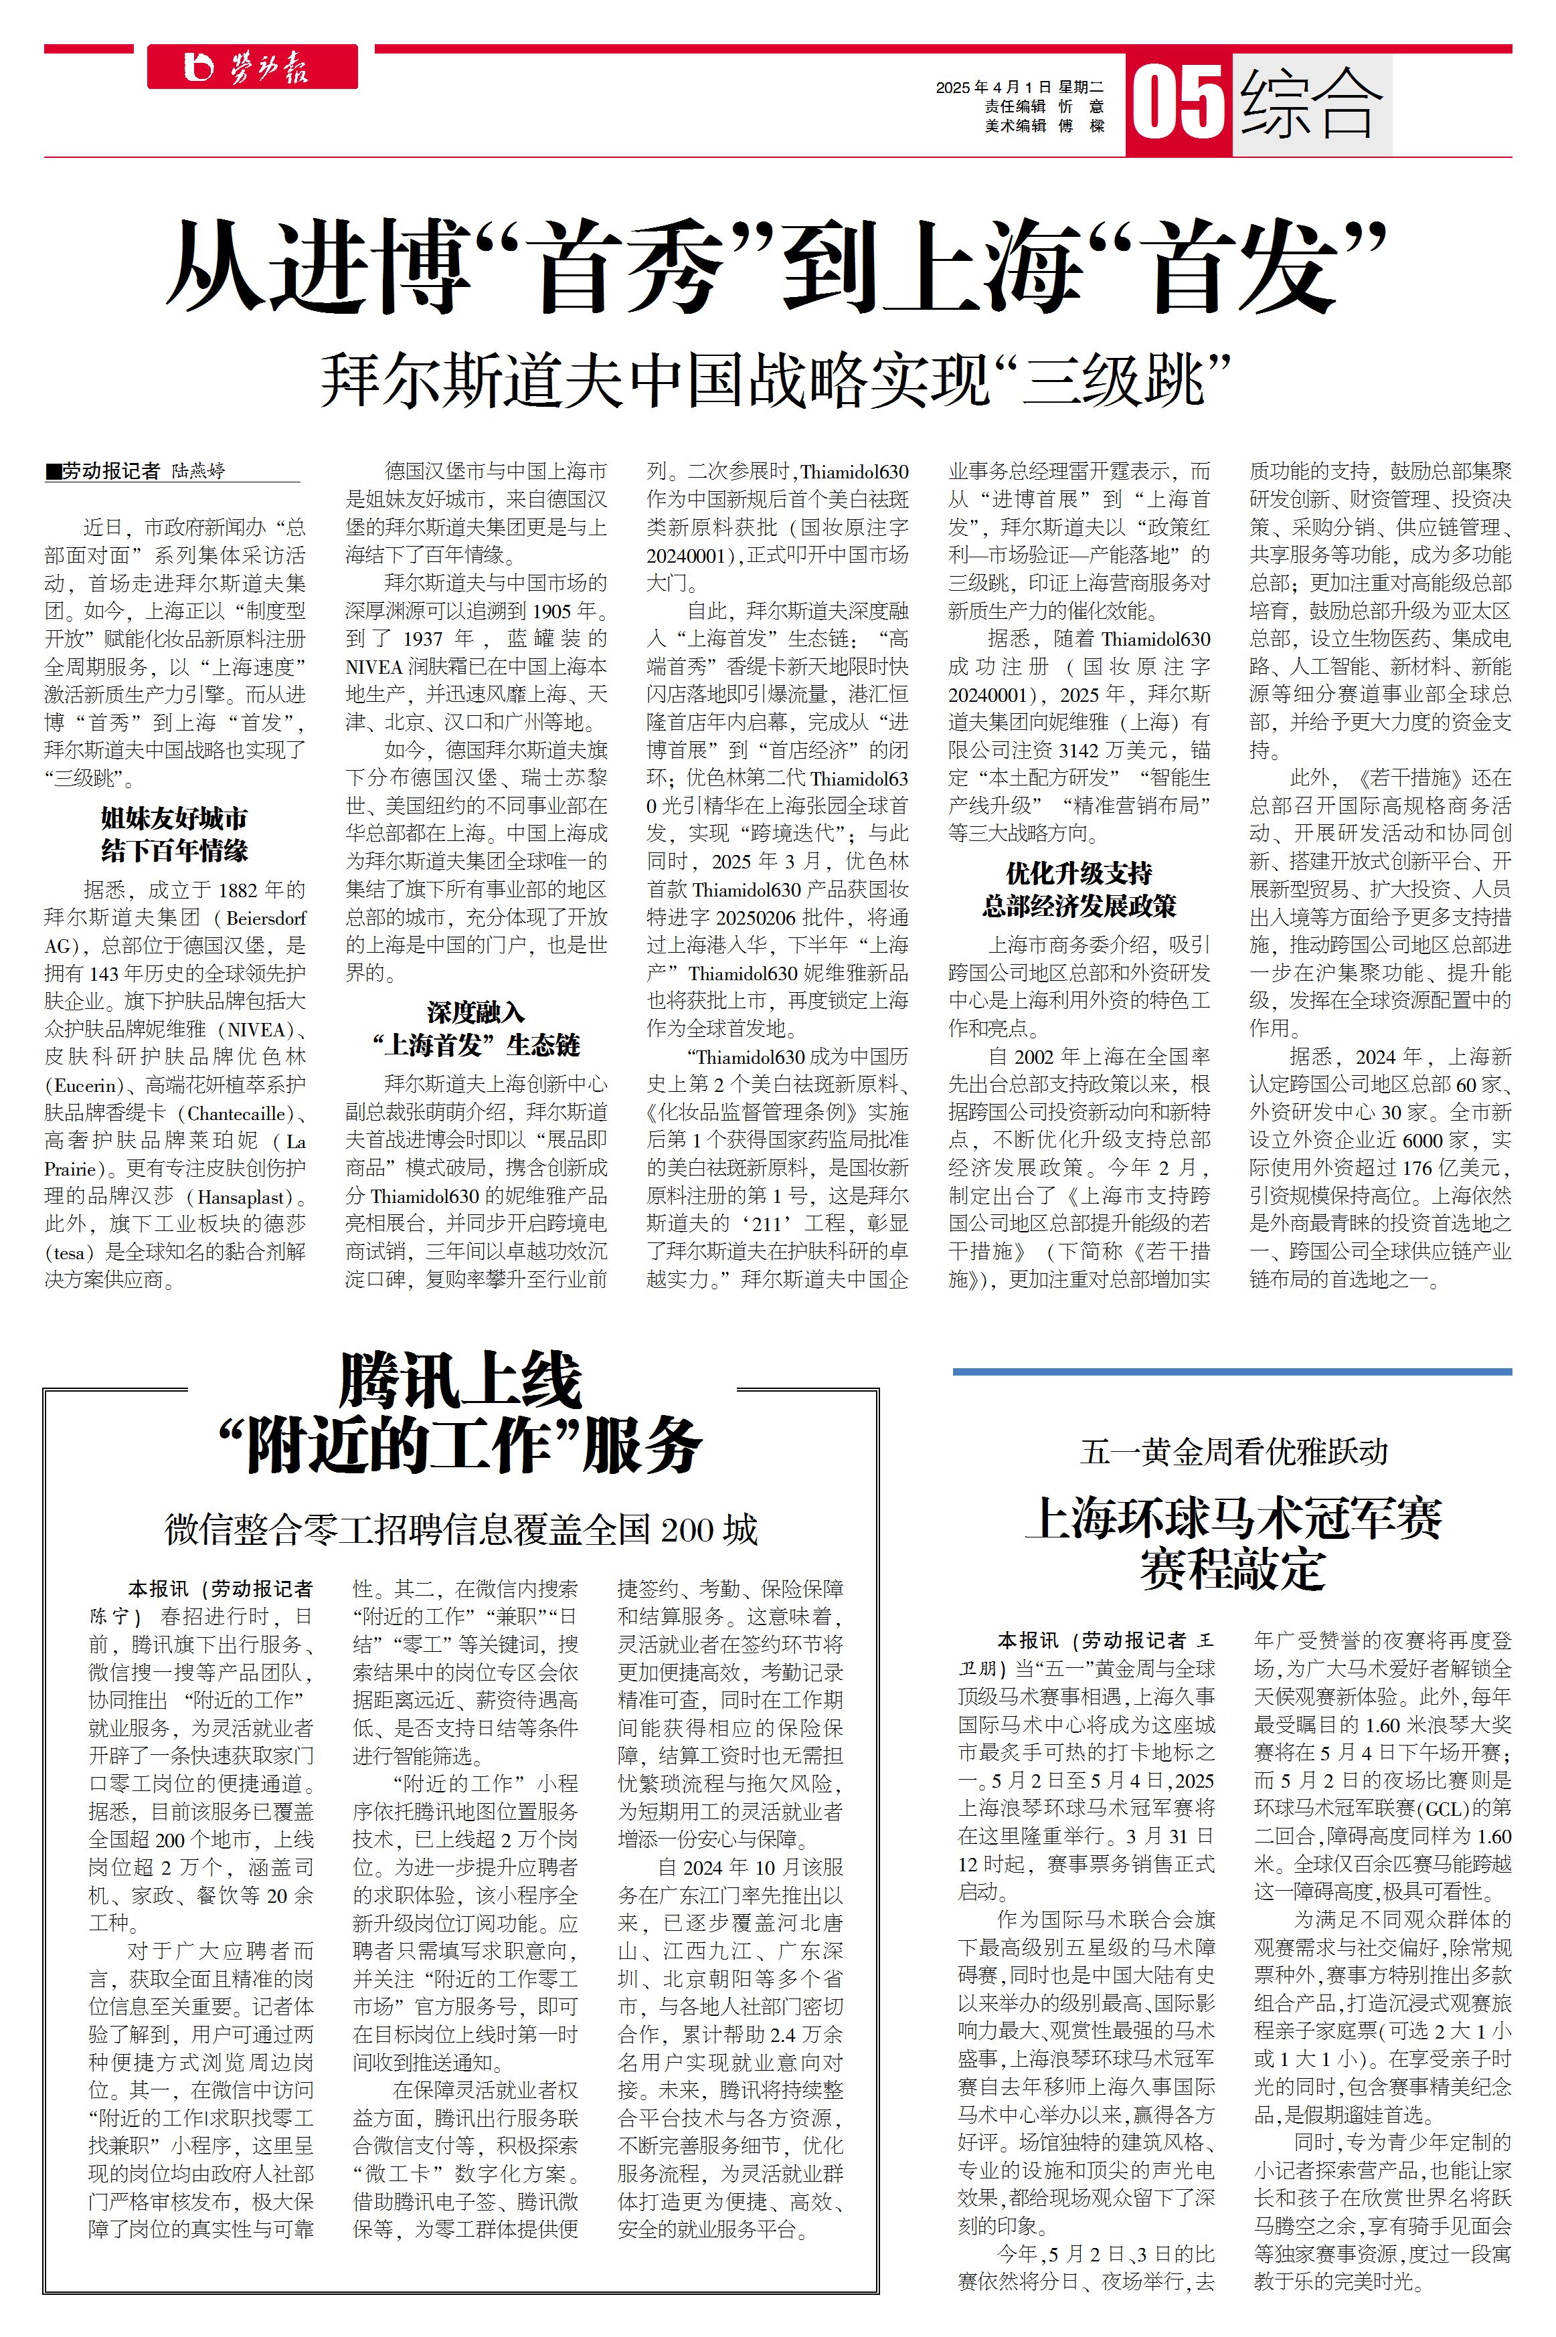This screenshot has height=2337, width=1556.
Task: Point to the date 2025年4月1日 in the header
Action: pyautogui.click(x=993, y=87)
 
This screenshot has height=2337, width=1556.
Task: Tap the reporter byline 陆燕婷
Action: pyautogui.click(x=199, y=471)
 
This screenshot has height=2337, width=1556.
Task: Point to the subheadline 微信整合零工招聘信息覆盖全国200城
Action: pyautogui.click(x=460, y=1529)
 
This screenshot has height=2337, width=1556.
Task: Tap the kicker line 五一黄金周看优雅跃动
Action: pyautogui.click(x=1233, y=1453)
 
